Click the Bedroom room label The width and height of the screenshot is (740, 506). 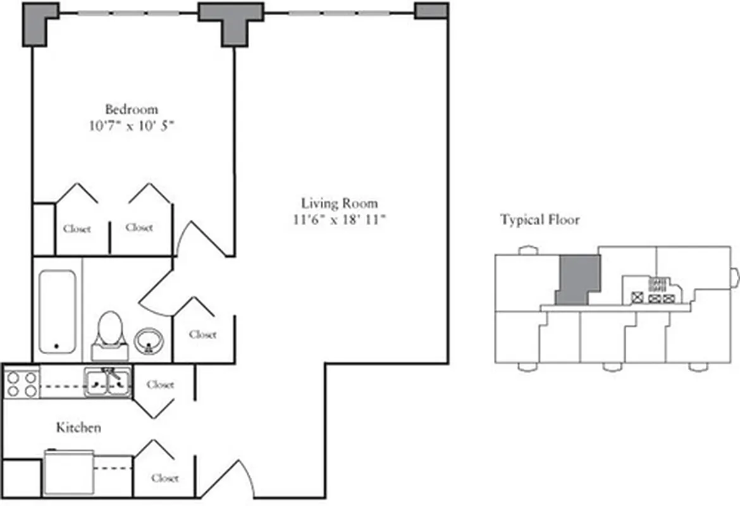[132, 109]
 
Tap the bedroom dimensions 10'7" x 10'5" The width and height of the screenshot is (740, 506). [132, 126]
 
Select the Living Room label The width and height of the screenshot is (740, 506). [339, 203]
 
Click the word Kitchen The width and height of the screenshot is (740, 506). [78, 428]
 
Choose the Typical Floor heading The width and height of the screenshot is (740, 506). [540, 220]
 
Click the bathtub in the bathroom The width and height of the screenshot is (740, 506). [58, 312]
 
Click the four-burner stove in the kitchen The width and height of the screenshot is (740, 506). [22, 383]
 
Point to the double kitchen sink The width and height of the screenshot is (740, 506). [108, 383]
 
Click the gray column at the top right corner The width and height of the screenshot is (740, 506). [432, 11]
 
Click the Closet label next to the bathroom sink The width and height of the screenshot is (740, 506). [202, 335]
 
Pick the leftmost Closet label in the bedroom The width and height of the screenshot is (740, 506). [77, 229]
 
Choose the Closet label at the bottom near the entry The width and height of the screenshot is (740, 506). [164, 478]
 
